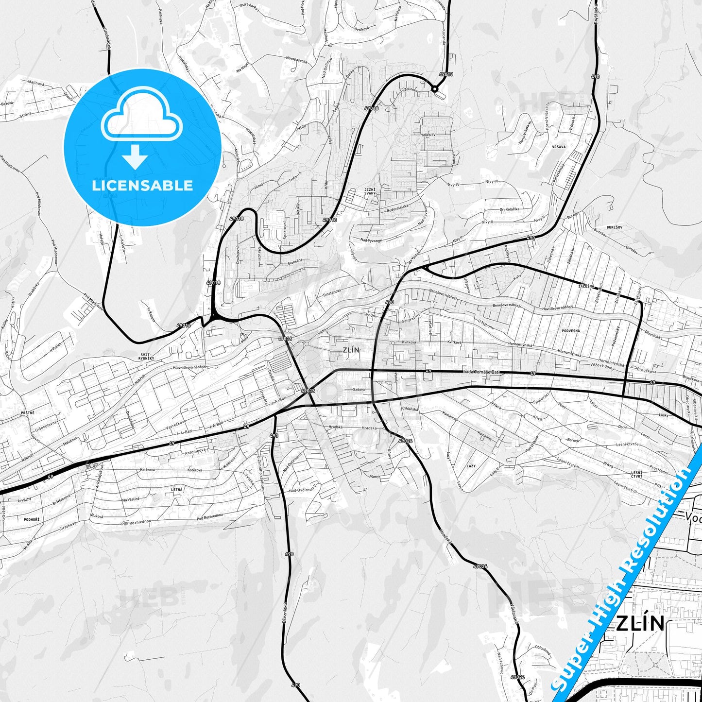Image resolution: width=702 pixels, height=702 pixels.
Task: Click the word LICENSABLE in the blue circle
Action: [142, 186]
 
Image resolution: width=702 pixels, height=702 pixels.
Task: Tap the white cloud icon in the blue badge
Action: [141, 117]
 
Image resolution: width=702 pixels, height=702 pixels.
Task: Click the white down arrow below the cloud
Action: [135, 156]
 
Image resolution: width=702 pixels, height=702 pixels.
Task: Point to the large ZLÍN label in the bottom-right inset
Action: [640, 623]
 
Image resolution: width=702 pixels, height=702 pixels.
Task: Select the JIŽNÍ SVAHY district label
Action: [370, 191]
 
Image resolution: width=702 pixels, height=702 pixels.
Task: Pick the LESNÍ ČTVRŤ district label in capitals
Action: [636, 474]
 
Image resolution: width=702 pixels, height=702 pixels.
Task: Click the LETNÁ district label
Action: [177, 490]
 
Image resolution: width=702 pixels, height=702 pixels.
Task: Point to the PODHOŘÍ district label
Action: [32, 519]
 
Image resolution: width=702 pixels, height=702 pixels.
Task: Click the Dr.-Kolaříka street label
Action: [509, 209]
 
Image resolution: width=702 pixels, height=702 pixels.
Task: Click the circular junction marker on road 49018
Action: [435, 89]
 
